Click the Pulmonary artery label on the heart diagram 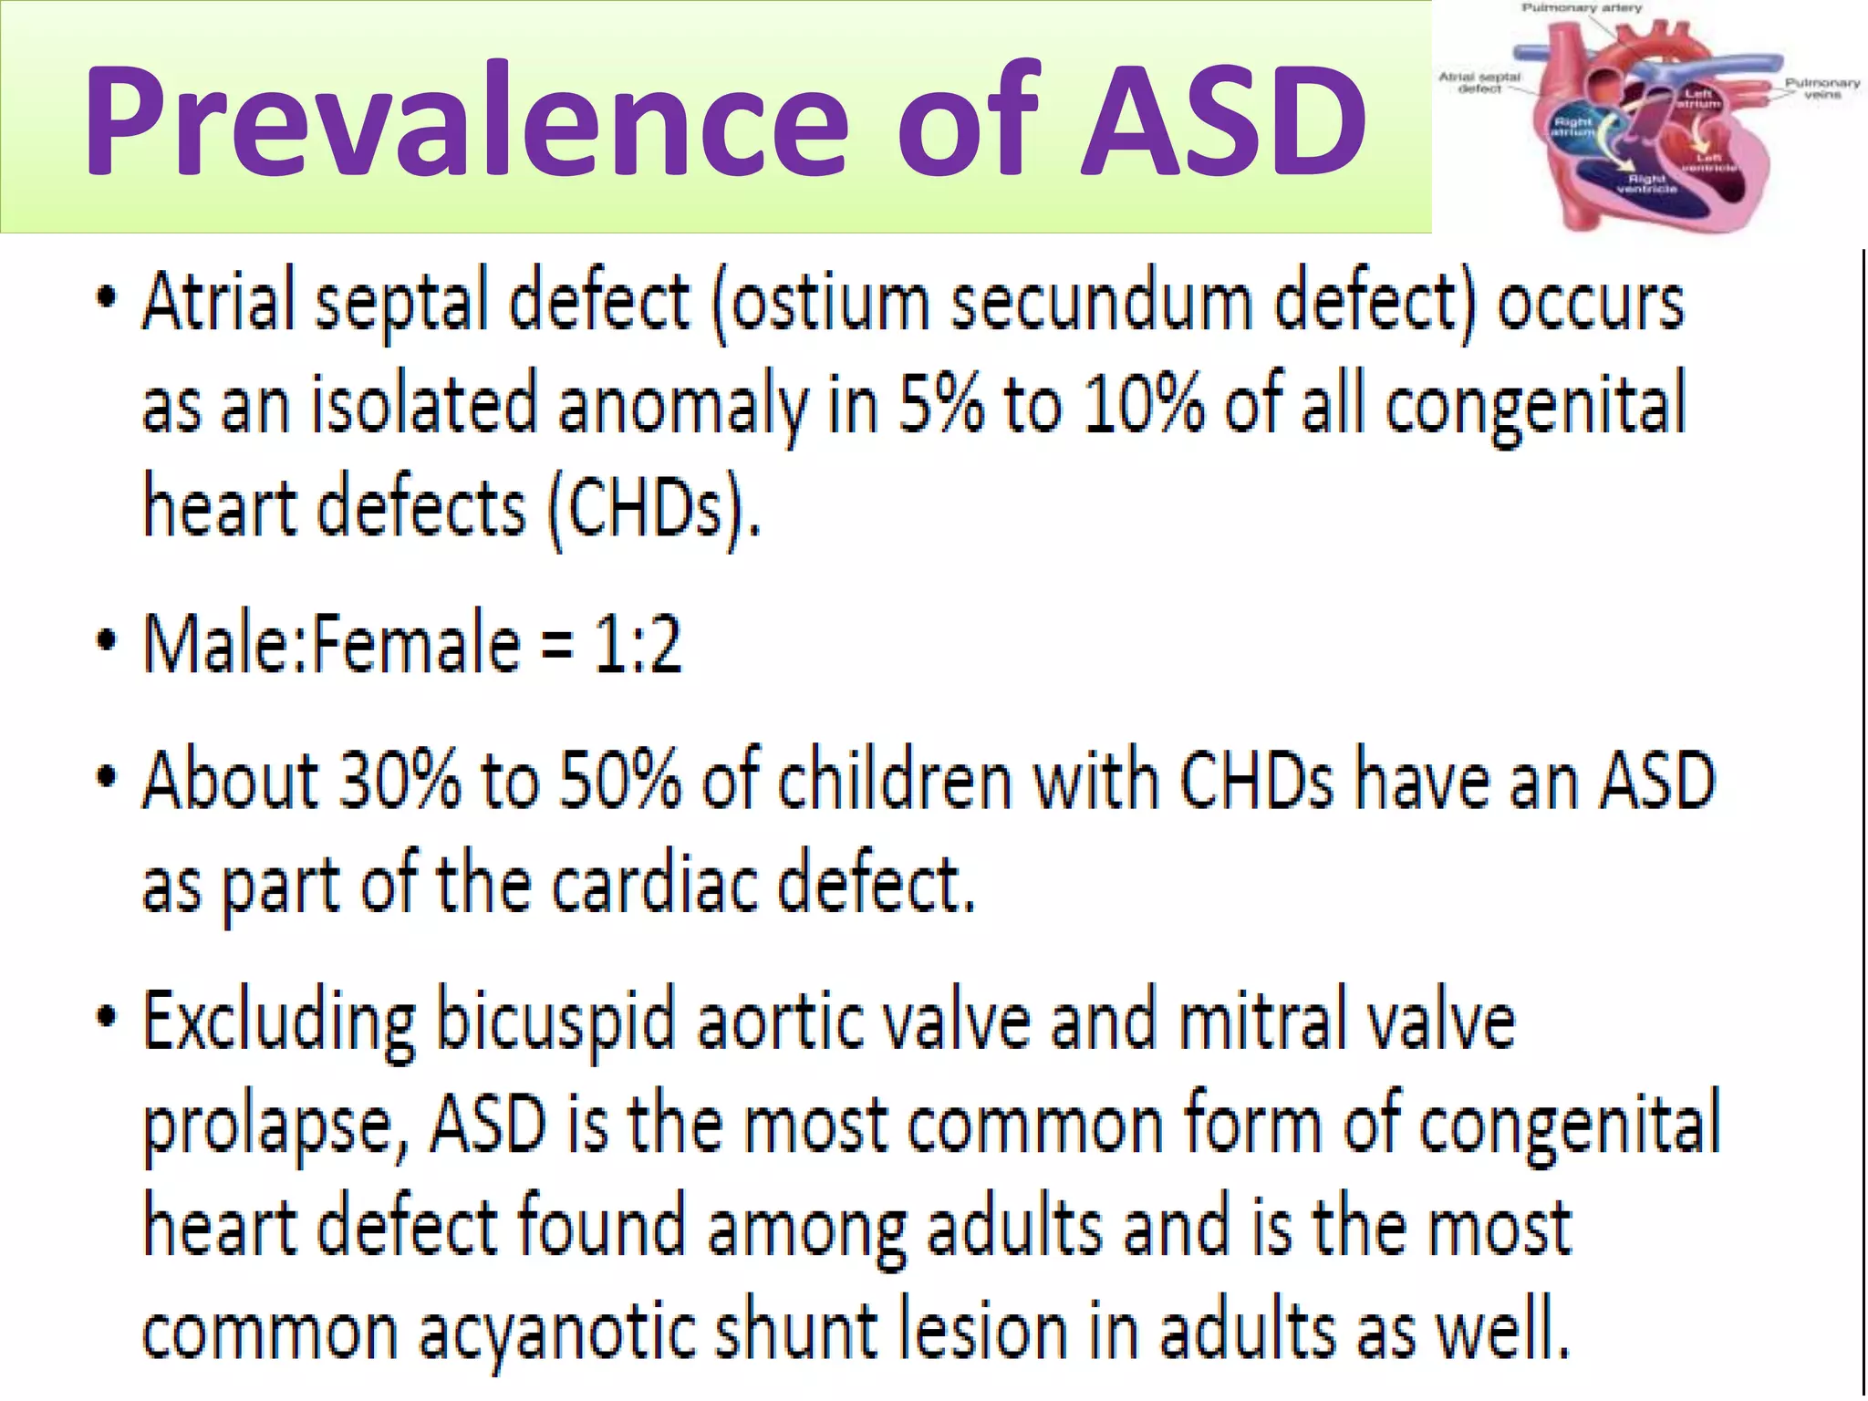(x=1581, y=8)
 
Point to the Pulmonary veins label (x=1821, y=88)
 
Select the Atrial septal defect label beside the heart (x=1479, y=83)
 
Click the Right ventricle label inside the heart (x=1646, y=183)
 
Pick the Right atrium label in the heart (x=1572, y=127)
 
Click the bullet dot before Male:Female (x=107, y=640)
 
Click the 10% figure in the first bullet (x=1144, y=405)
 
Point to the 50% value (x=619, y=781)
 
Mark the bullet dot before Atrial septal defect (x=107, y=297)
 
